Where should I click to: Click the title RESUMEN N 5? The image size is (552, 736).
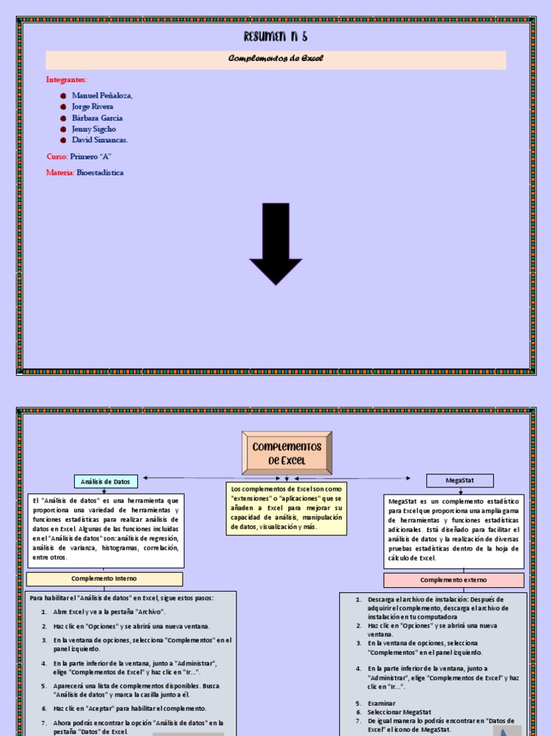pyautogui.click(x=275, y=37)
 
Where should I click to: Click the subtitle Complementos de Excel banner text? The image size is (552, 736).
pyautogui.click(x=275, y=59)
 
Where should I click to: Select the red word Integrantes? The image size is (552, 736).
pyautogui.click(x=66, y=79)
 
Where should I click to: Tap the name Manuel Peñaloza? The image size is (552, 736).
pyautogui.click(x=102, y=96)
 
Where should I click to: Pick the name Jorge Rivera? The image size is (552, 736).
pyautogui.click(x=93, y=106)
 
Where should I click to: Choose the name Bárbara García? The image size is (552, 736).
pyautogui.click(x=97, y=118)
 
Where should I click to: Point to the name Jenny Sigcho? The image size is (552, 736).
pyautogui.click(x=93, y=129)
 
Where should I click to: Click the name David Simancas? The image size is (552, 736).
pyautogui.click(x=100, y=140)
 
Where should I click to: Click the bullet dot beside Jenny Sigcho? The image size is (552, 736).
pyautogui.click(x=63, y=129)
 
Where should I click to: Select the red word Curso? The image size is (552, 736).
pyautogui.click(x=57, y=157)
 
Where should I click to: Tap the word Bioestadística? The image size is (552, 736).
pyautogui.click(x=100, y=172)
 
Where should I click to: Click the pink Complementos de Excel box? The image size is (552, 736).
pyautogui.click(x=287, y=453)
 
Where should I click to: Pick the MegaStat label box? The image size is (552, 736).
pyautogui.click(x=460, y=481)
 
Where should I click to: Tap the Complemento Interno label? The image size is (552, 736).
pyautogui.click(x=104, y=579)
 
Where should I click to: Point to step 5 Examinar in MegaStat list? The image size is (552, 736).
pyautogui.click(x=381, y=702)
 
